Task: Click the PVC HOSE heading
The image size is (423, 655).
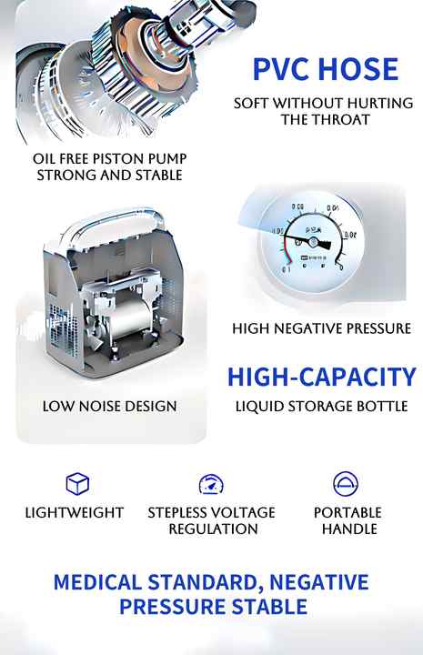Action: click(325, 68)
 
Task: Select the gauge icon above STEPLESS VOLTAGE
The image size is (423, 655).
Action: click(211, 483)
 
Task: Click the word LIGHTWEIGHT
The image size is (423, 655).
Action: click(75, 512)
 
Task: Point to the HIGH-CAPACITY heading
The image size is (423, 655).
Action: click(321, 377)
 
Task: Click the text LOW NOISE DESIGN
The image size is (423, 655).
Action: click(109, 405)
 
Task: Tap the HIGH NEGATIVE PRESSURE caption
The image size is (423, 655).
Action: click(321, 328)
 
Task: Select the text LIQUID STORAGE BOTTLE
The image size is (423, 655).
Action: click(321, 405)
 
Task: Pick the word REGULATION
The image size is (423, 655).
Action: click(212, 529)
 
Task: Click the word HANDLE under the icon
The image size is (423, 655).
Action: click(347, 529)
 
